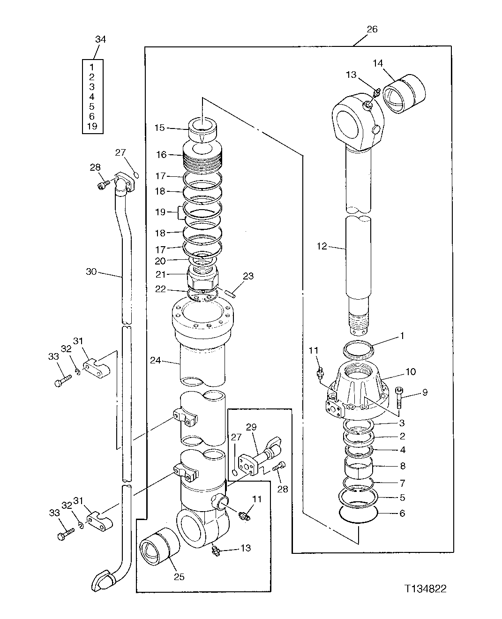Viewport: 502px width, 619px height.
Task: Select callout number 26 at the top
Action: coord(371,29)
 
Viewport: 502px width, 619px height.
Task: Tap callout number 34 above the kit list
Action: coord(100,39)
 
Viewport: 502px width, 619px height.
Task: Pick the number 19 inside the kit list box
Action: coord(92,126)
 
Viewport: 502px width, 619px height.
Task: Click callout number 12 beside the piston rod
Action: coord(322,246)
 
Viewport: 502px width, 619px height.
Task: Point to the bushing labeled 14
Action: coord(405,94)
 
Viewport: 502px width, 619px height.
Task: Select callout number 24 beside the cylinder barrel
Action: coord(156,360)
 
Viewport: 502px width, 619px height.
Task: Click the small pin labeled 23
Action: coord(229,294)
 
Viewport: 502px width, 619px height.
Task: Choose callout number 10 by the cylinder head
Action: coord(411,372)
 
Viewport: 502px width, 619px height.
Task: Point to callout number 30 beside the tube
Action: coord(91,271)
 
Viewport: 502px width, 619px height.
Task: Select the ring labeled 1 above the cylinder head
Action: coord(358,349)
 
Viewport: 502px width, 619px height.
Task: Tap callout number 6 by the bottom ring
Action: coord(402,513)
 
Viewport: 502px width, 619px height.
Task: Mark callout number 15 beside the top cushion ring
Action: coord(160,128)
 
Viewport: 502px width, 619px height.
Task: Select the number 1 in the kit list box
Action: coord(92,67)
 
